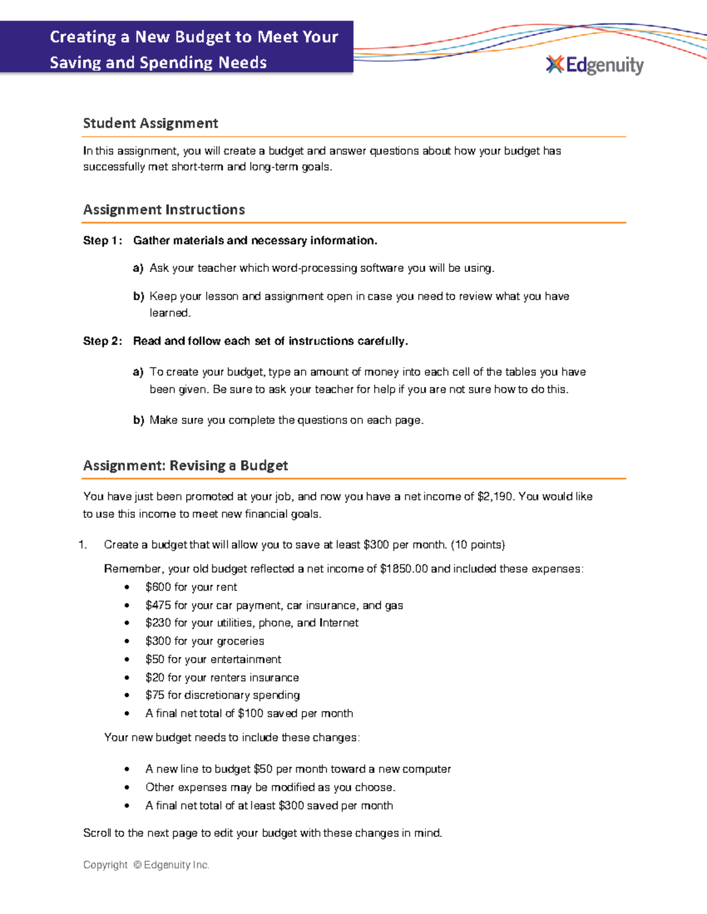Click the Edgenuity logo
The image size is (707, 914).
tap(594, 65)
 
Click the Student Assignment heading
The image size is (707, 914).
tap(150, 123)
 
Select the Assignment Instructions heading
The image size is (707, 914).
tap(164, 210)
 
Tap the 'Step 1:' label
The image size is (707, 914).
tap(103, 240)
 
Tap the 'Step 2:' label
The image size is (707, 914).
tap(103, 341)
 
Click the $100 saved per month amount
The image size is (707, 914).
tap(251, 713)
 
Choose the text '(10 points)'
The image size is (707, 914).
tap(477, 544)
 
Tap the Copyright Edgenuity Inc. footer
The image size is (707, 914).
tap(146, 865)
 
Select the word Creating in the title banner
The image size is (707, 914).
tap(83, 37)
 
